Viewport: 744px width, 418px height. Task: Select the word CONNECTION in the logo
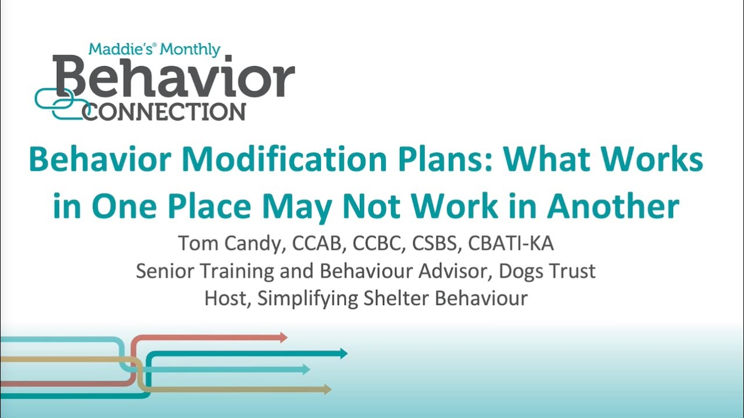[x=164, y=111]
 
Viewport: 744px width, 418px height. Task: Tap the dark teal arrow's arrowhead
[x=344, y=353]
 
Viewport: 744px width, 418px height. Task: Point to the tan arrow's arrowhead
[x=328, y=389]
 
